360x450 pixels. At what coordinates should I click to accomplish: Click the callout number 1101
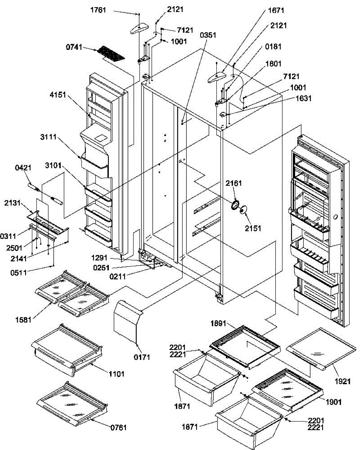[x=116, y=374]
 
